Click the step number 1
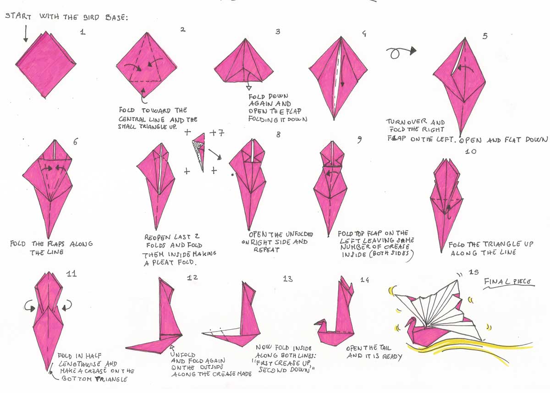click(82, 33)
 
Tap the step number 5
click(485, 36)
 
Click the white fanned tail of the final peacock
click(440, 303)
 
